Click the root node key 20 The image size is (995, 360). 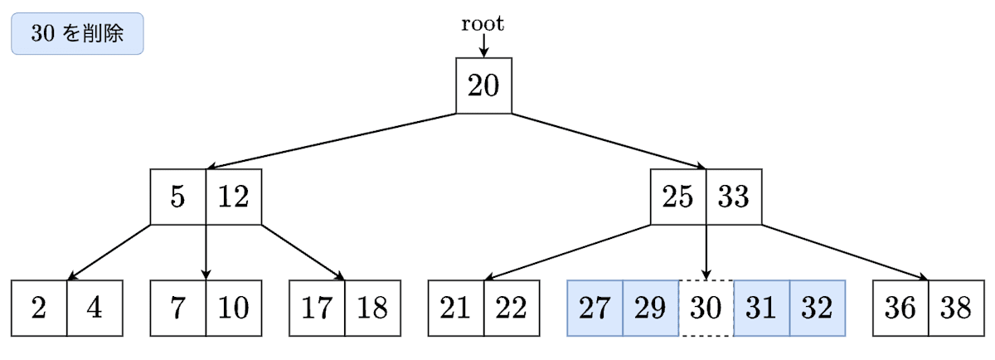[x=483, y=85]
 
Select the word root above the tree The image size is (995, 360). [x=483, y=24]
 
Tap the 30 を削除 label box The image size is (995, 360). [x=77, y=34]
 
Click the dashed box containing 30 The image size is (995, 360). [x=706, y=309]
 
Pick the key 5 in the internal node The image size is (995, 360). [x=178, y=197]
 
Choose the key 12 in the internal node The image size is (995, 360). [x=234, y=197]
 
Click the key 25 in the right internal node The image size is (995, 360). [x=678, y=197]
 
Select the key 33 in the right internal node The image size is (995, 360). [x=734, y=197]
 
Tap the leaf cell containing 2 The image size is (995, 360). [x=39, y=309]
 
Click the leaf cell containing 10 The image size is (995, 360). [x=234, y=309]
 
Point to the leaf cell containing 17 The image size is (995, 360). [x=317, y=309]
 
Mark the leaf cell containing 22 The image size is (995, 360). [x=512, y=309]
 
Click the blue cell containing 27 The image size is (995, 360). [x=595, y=309]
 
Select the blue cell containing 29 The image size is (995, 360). [x=650, y=309]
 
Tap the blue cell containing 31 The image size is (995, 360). [x=761, y=309]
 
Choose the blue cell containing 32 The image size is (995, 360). [x=817, y=309]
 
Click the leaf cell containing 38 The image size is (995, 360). [x=956, y=309]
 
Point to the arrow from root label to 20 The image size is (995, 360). [x=483, y=46]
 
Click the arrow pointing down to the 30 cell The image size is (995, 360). [x=706, y=253]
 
